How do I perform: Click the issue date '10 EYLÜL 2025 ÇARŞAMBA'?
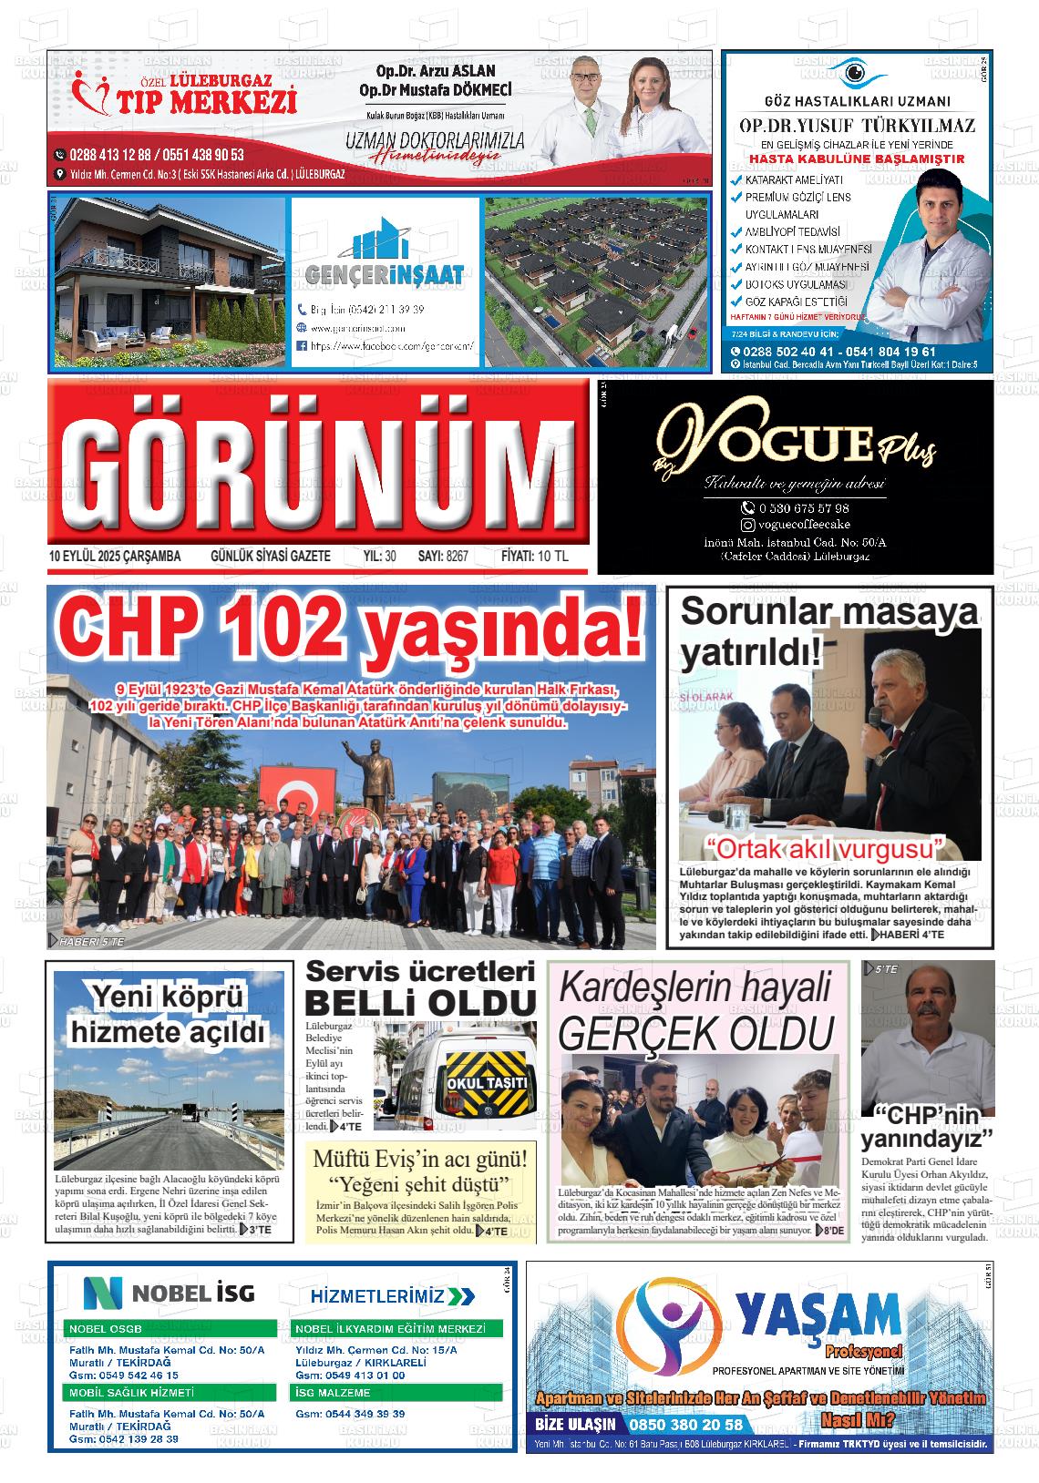(x=115, y=557)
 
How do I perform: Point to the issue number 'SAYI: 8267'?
(x=443, y=557)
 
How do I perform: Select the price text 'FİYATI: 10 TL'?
(x=534, y=557)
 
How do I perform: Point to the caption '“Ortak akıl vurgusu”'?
(x=828, y=848)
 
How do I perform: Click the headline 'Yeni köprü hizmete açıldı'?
(x=169, y=1016)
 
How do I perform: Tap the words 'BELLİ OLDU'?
(x=420, y=1003)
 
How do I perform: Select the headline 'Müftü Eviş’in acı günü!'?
(x=419, y=1161)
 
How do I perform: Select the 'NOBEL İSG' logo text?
(x=170, y=1292)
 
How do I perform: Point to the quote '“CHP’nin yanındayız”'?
(x=927, y=1128)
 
